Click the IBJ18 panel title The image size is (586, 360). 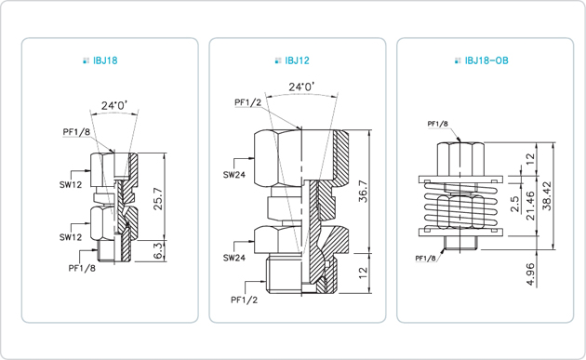(x=105, y=60)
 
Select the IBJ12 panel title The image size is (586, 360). (x=297, y=60)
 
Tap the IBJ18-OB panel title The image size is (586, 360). (x=486, y=60)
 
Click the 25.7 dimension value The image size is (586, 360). (x=158, y=198)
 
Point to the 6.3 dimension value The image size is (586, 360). (x=158, y=250)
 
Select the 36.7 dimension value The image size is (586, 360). (x=363, y=192)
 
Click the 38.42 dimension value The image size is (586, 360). (x=547, y=196)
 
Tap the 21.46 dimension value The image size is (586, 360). (x=530, y=206)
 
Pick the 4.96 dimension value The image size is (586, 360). (x=530, y=274)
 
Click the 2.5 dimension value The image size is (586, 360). (x=514, y=204)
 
